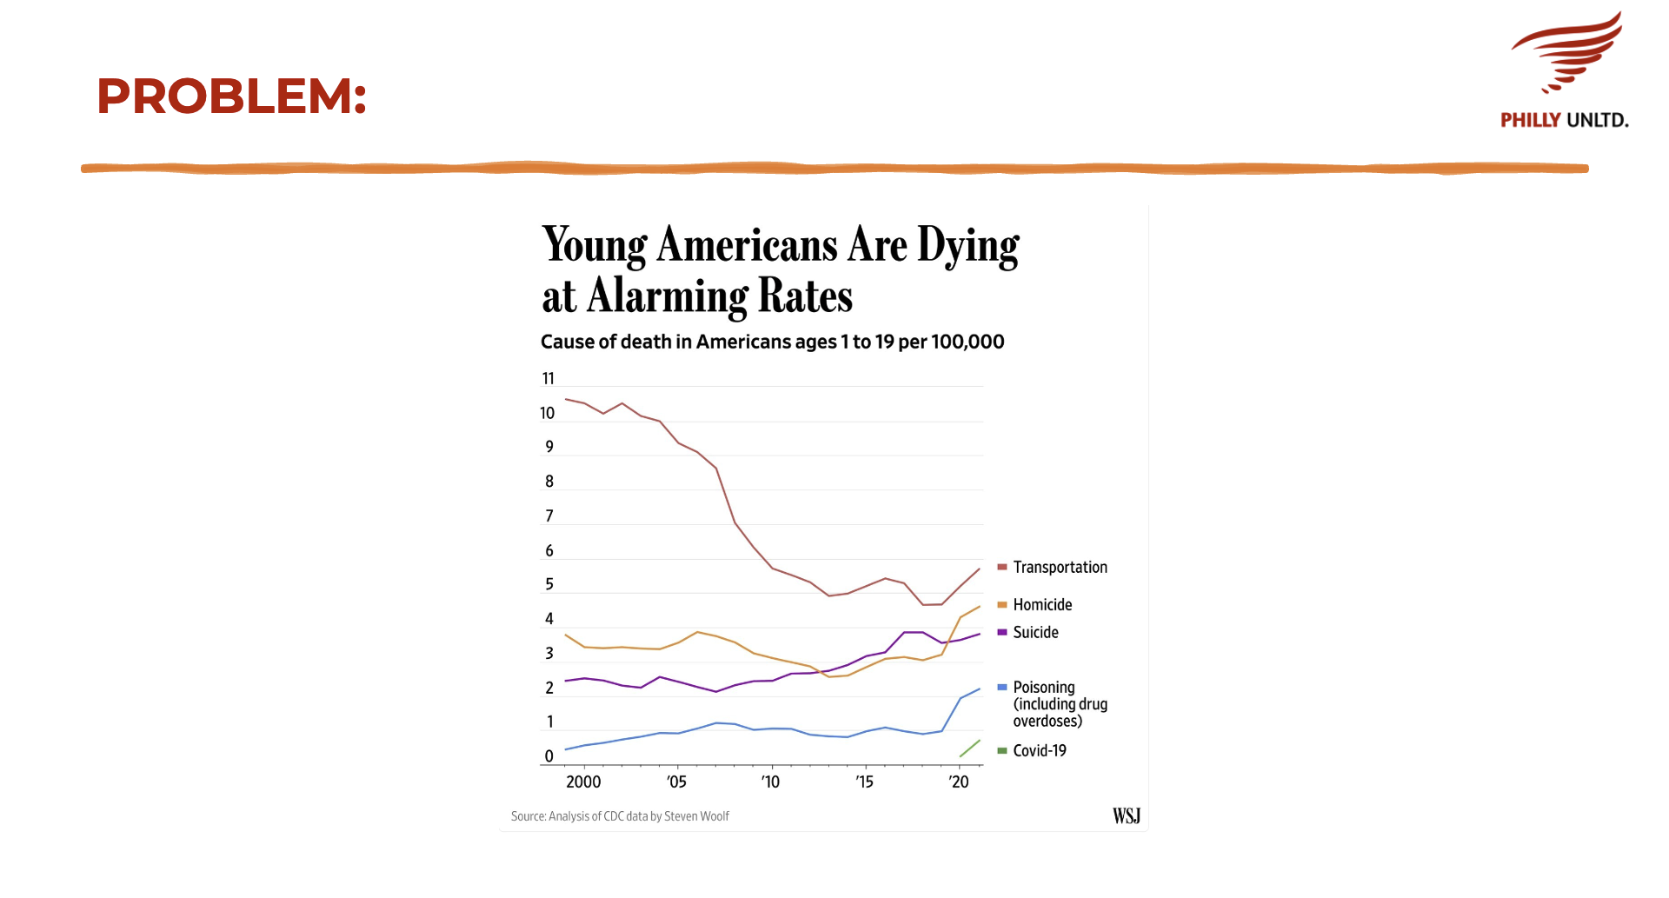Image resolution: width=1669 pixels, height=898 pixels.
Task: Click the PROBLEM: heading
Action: pyautogui.click(x=231, y=96)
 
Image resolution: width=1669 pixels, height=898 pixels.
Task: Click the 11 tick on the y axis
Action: pyautogui.click(x=548, y=379)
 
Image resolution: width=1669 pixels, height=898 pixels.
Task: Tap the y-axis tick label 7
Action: pyautogui.click(x=549, y=516)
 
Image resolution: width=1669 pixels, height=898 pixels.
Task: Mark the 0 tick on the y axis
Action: pyautogui.click(x=549, y=756)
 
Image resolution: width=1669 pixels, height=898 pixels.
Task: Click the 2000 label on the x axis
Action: pyautogui.click(x=583, y=782)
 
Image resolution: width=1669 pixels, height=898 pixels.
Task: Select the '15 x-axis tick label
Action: pyautogui.click(x=864, y=782)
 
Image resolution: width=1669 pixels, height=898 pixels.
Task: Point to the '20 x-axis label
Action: pyautogui.click(x=958, y=782)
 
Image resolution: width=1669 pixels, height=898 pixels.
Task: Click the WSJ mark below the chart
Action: pyautogui.click(x=1126, y=816)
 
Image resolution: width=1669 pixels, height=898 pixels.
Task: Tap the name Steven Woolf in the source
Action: pyautogui.click(x=696, y=816)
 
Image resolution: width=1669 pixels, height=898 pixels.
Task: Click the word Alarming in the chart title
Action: pyautogui.click(x=667, y=296)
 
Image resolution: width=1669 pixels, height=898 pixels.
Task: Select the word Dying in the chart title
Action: pyautogui.click(x=967, y=246)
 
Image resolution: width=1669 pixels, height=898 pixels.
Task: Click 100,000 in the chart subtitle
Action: pyautogui.click(x=967, y=343)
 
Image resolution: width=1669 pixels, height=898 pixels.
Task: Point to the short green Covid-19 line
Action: pyautogui.click(x=969, y=748)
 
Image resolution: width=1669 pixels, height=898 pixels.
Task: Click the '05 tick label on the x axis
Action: pyautogui.click(x=676, y=782)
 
